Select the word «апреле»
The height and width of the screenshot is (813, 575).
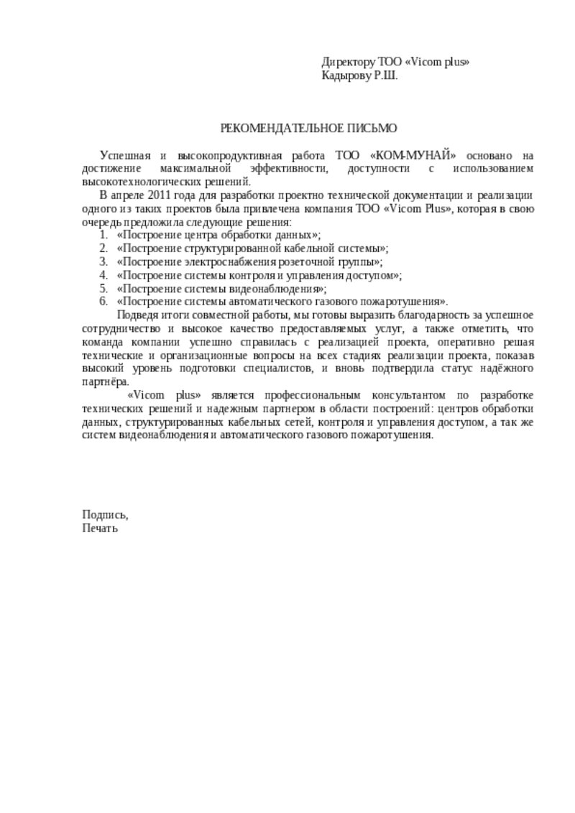pyautogui.click(x=126, y=195)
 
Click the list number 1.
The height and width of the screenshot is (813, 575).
pyautogui.click(x=103, y=235)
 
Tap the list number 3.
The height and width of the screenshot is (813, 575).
pyautogui.click(x=103, y=261)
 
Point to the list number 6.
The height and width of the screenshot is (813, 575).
pyautogui.click(x=103, y=302)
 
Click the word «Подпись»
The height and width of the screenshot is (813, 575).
pyautogui.click(x=105, y=514)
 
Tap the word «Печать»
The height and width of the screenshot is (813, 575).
pyautogui.click(x=100, y=528)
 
